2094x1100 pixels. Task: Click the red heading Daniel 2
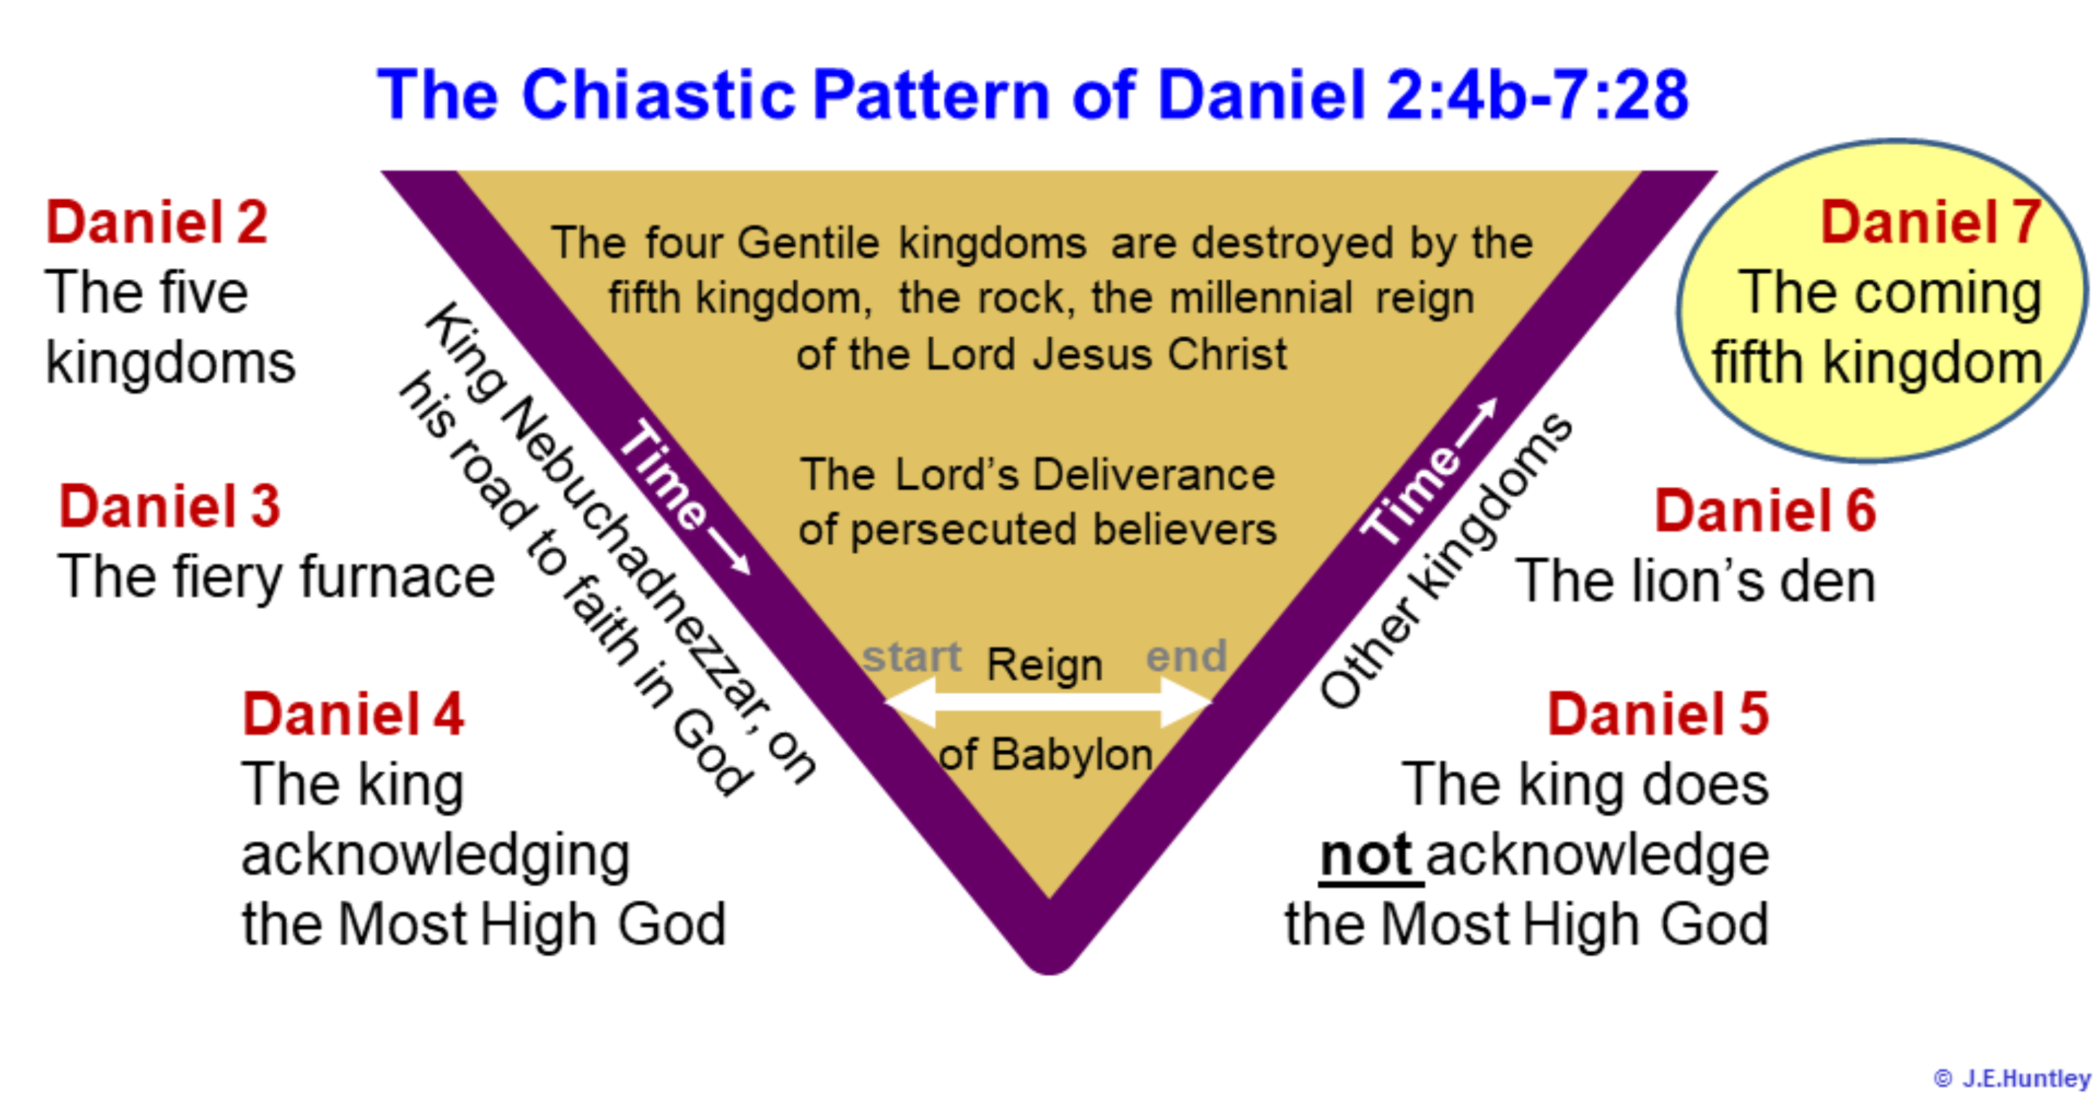pyautogui.click(x=156, y=222)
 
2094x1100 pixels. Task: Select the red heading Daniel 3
pyautogui.click(x=169, y=506)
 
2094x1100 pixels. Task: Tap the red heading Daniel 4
pyautogui.click(x=353, y=714)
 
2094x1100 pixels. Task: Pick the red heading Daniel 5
pyautogui.click(x=1658, y=714)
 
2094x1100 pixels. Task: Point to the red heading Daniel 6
pyautogui.click(x=1765, y=511)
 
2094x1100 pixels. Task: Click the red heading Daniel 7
pyautogui.click(x=1930, y=222)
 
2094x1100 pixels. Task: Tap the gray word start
pyautogui.click(x=911, y=656)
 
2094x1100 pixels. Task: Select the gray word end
pyautogui.click(x=1186, y=656)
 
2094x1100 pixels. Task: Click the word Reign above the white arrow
pyautogui.click(x=1044, y=665)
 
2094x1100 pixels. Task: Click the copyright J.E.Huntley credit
pyautogui.click(x=2011, y=1079)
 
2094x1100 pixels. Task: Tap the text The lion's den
pyautogui.click(x=1696, y=581)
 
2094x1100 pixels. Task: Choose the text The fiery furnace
pyautogui.click(x=276, y=577)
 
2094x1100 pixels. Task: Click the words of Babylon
pyautogui.click(x=1045, y=754)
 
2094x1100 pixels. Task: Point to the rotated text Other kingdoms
pyautogui.click(x=1446, y=561)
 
